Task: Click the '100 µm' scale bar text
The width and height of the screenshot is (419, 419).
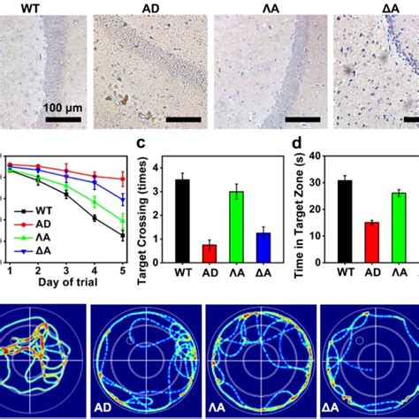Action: pos(61,107)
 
